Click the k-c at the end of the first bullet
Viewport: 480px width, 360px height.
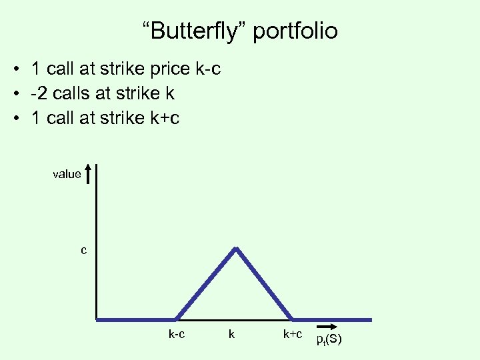pos(207,69)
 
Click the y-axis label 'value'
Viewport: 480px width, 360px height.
pos(67,174)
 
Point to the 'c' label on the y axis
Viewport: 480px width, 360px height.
pos(83,251)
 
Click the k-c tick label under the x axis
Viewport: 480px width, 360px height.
pos(177,334)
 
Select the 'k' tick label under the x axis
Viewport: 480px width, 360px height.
pos(231,334)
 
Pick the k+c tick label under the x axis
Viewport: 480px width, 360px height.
pos(293,334)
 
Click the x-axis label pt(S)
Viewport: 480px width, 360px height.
pos(329,340)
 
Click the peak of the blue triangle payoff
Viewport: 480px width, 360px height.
pos(235,249)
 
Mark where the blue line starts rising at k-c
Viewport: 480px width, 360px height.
pos(177,319)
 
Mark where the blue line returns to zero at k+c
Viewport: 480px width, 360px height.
pos(293,319)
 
